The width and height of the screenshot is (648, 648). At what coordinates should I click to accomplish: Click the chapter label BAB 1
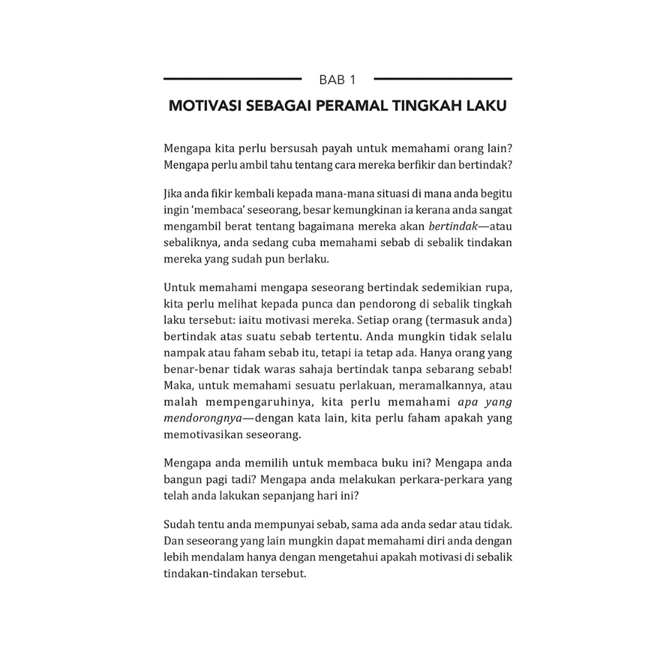[337, 80]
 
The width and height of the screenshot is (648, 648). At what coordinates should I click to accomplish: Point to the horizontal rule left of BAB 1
[232, 78]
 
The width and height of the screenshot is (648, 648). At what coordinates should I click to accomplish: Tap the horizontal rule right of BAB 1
[443, 78]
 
